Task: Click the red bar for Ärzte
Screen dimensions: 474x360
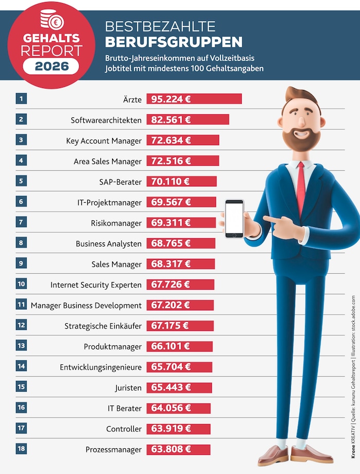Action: point(194,99)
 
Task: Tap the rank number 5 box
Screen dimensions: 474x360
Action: point(21,181)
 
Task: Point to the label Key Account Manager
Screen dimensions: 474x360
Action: point(103,141)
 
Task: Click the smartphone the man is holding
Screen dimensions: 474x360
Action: point(234,219)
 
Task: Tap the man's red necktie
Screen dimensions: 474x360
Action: point(300,188)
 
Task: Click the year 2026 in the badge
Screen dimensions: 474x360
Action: point(51,66)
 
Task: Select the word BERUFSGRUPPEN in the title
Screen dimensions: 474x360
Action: point(174,41)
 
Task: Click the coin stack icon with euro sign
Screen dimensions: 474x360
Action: point(52,21)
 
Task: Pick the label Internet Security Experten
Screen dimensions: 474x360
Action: point(96,285)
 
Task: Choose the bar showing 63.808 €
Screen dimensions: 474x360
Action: point(178,449)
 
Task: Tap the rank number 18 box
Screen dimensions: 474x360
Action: point(21,449)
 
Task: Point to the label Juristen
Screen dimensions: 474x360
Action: point(128,388)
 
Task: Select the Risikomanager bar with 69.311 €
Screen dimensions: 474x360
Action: point(181,223)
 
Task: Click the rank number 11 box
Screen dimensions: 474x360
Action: point(21,305)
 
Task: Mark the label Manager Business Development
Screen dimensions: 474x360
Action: point(86,305)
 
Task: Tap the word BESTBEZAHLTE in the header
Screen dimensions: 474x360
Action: point(160,26)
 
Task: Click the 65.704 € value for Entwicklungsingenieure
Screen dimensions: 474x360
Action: point(171,367)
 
